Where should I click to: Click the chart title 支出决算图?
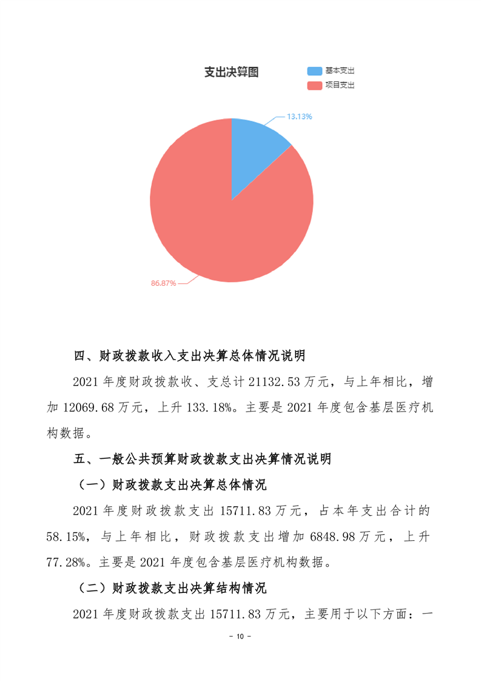click(231, 72)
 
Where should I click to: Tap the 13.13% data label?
click(300, 117)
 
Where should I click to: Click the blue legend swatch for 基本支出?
click(315, 71)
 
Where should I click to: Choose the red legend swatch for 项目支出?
click(315, 86)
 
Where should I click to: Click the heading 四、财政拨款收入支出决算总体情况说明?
click(189, 355)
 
